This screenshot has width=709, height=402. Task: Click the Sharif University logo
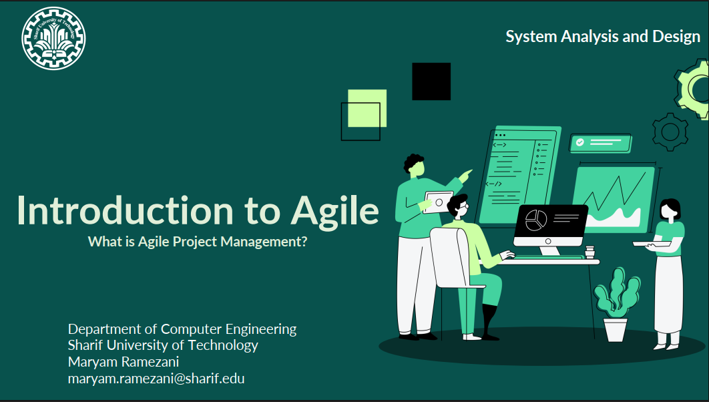point(53,39)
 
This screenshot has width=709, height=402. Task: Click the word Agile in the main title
point(334,212)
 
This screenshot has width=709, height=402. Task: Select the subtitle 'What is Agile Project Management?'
point(198,242)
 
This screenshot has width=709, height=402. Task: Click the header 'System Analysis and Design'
point(603,37)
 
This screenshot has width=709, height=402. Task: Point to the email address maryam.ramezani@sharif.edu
point(156,379)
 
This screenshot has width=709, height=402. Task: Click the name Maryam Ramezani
point(124,362)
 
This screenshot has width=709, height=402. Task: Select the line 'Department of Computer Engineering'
point(182,329)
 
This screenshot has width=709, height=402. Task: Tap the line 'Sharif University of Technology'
point(163,345)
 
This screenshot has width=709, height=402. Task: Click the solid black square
point(431,81)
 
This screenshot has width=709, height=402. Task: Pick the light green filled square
point(367,109)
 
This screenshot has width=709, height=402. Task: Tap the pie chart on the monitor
point(536,220)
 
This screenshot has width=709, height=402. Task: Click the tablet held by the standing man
point(438,202)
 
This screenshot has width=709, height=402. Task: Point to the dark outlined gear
point(670,132)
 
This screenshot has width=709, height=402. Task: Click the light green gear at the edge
point(692,89)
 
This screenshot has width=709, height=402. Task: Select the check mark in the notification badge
point(579,142)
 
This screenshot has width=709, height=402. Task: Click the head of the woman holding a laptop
point(669,210)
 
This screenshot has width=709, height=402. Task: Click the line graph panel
point(614,200)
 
